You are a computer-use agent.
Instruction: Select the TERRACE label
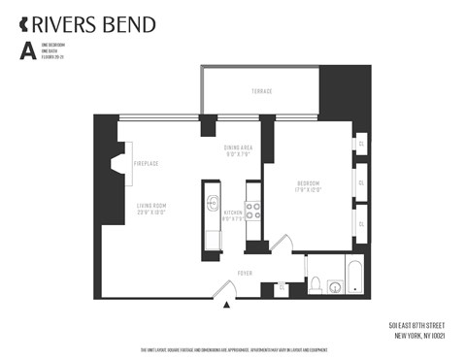pos(261,91)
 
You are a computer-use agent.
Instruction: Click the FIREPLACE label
pos(146,164)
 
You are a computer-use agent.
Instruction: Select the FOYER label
pos(245,274)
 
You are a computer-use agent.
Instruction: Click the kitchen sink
pos(213,205)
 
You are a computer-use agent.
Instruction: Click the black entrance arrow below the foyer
pos(227,306)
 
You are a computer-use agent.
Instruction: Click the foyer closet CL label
pos(282,287)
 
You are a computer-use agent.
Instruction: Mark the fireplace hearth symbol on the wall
pos(117,166)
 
